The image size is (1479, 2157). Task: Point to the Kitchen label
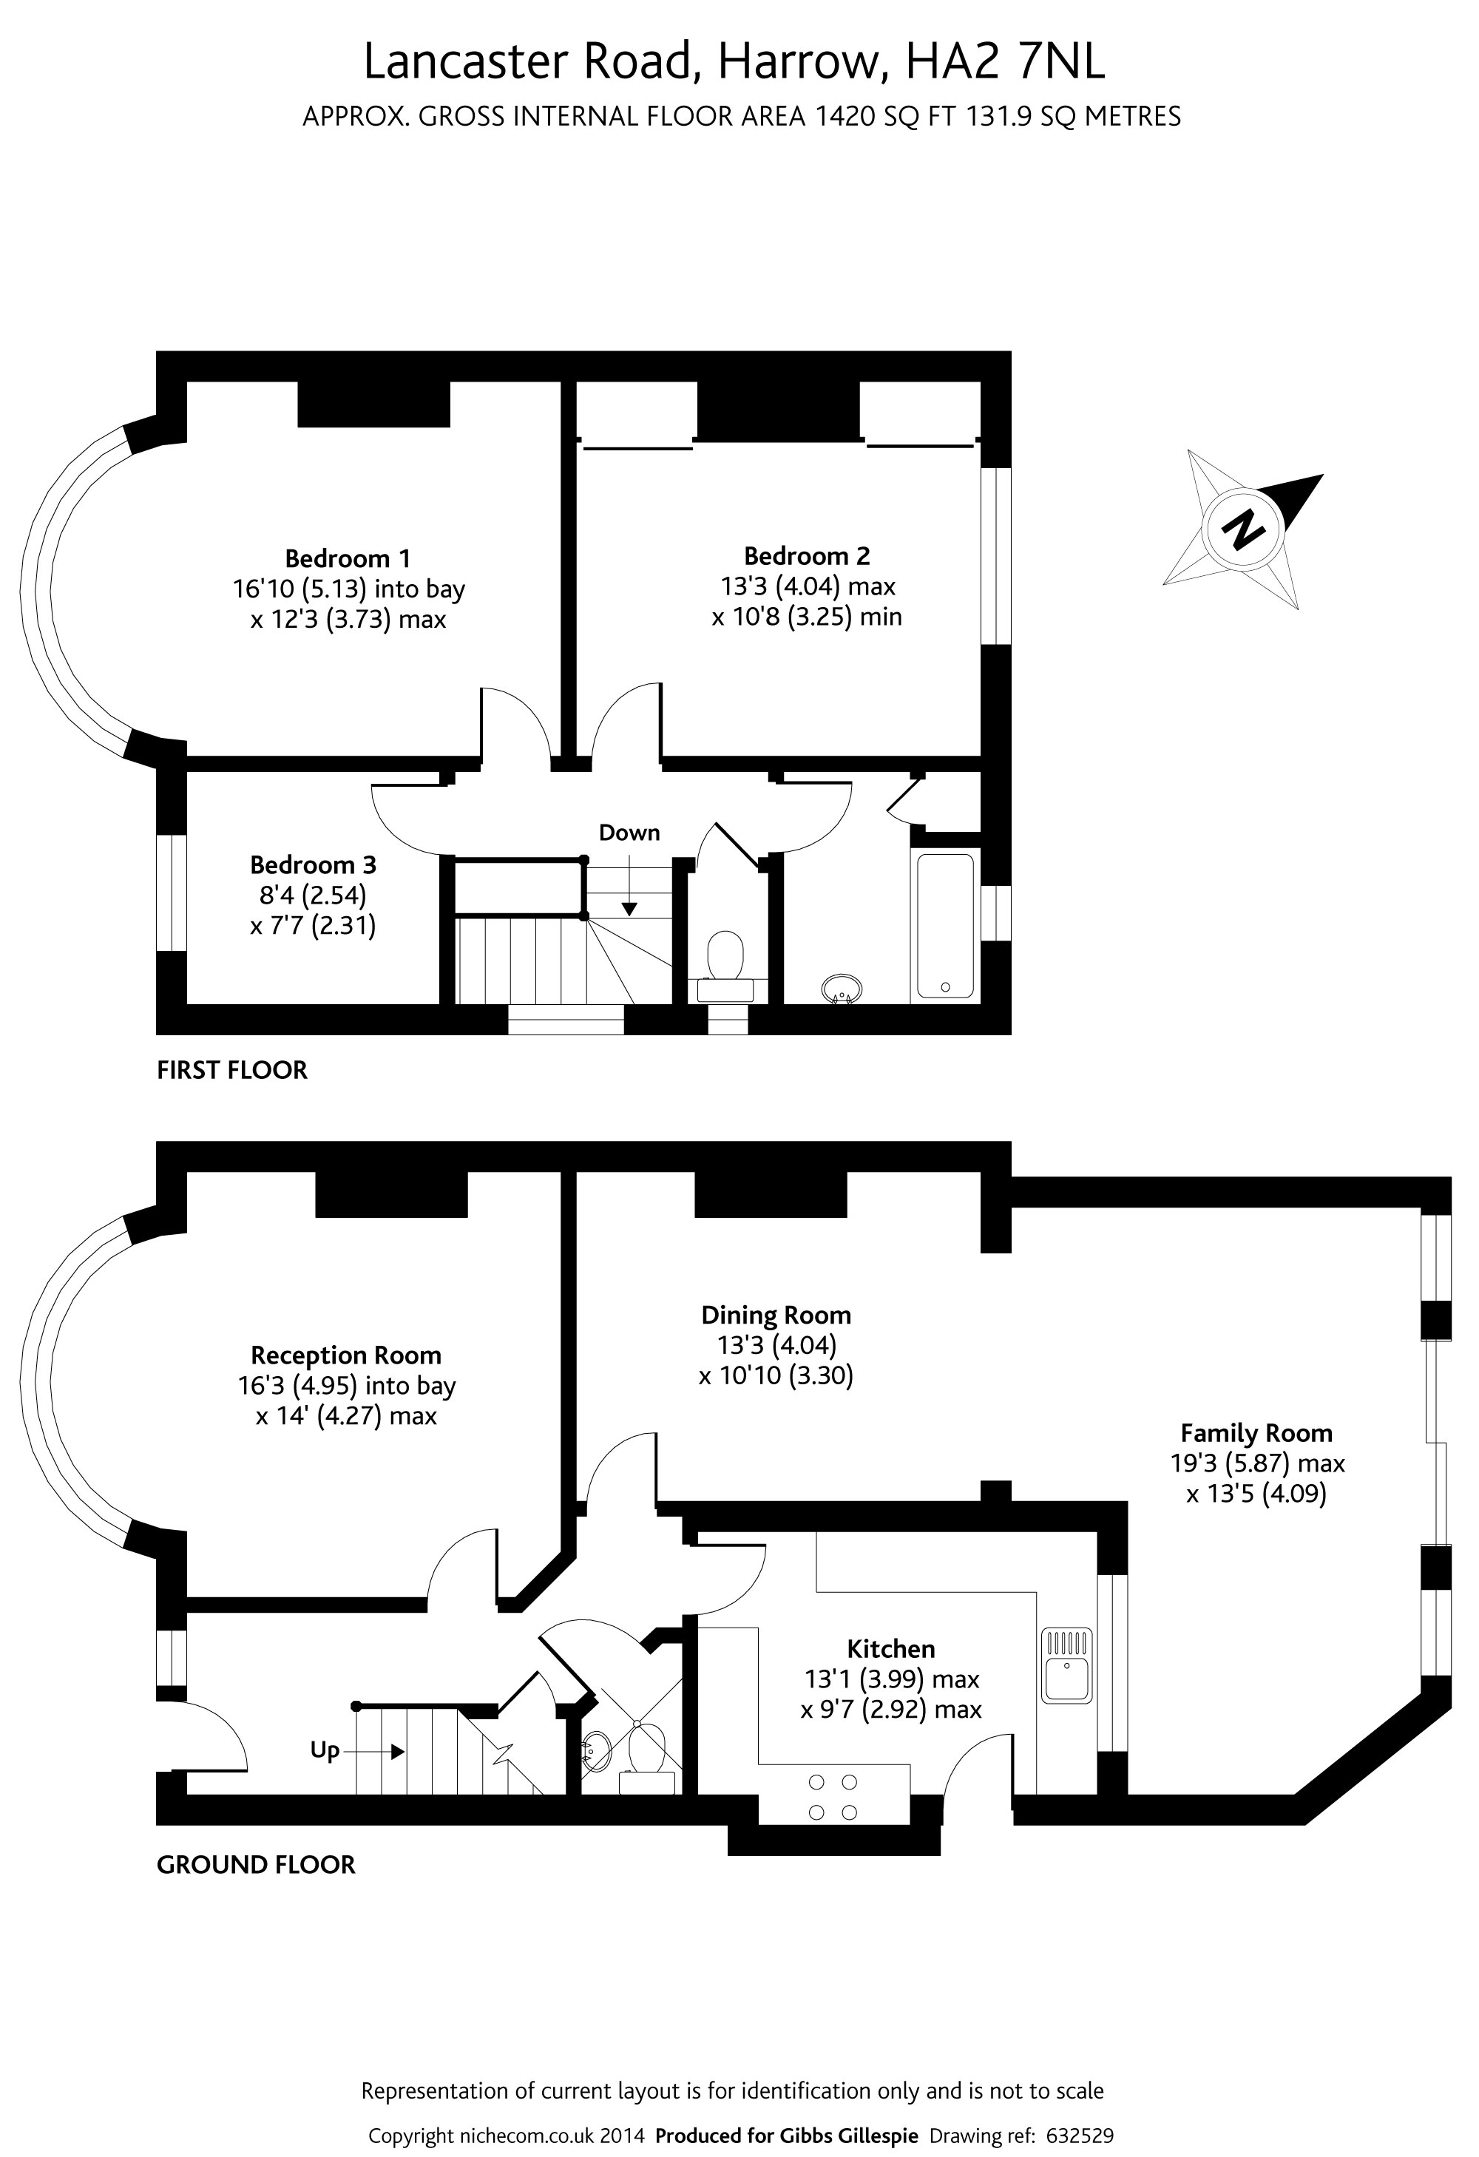pyautogui.click(x=890, y=1648)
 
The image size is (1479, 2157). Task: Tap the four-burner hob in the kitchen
pyautogui.click(x=833, y=1797)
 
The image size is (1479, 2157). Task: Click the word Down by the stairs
pyautogui.click(x=629, y=833)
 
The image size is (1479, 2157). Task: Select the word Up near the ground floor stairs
pyautogui.click(x=324, y=1750)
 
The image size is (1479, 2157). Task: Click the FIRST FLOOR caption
pyautogui.click(x=232, y=1070)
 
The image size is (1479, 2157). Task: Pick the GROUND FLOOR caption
pyautogui.click(x=255, y=1865)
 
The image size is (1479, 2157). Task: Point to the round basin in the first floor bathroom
pyautogui.click(x=842, y=989)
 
